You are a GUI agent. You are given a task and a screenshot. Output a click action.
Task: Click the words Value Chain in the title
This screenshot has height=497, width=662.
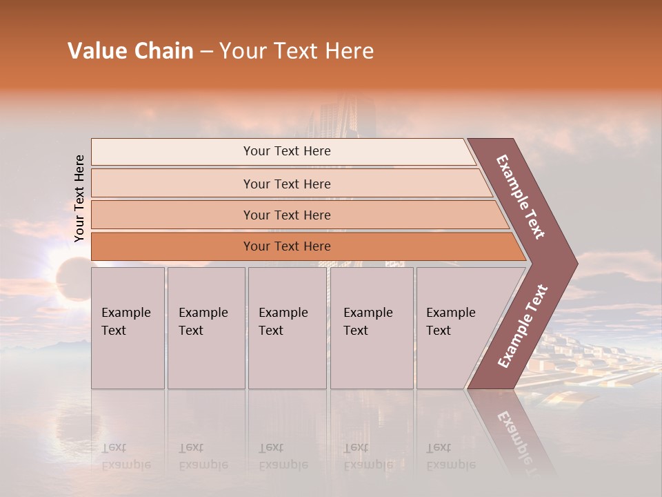pyautogui.click(x=130, y=51)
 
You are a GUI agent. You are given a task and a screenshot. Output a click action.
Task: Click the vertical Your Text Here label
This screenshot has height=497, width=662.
pyautogui.click(x=79, y=198)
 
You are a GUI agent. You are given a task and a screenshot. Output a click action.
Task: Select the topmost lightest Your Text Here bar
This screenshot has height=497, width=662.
pyautogui.click(x=287, y=151)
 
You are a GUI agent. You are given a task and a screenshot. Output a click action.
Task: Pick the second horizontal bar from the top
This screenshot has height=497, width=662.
pyautogui.click(x=287, y=184)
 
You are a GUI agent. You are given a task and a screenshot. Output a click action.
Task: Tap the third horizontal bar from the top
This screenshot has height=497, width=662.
pyautogui.click(x=287, y=215)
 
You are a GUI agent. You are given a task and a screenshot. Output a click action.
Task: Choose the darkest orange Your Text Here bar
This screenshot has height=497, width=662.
pyautogui.click(x=287, y=246)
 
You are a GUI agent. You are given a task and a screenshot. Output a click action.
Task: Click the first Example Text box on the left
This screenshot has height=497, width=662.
pyautogui.click(x=128, y=328)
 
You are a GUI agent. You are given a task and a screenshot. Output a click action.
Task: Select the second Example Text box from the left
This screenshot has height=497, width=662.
pyautogui.click(x=206, y=328)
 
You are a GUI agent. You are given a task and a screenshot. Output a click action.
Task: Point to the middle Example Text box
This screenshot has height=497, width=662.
pyautogui.click(x=287, y=328)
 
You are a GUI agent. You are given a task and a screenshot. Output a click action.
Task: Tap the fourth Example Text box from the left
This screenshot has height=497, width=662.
pyautogui.click(x=372, y=328)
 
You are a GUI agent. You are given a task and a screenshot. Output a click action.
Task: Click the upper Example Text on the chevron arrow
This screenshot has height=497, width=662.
pyautogui.click(x=521, y=197)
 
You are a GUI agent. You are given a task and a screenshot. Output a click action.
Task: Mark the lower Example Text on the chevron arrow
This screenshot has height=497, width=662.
pyautogui.click(x=523, y=326)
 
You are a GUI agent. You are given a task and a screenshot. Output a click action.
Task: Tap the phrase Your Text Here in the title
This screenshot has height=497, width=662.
pyautogui.click(x=297, y=51)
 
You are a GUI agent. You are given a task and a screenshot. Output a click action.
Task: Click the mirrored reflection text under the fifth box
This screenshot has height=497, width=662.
pyautogui.click(x=450, y=456)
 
